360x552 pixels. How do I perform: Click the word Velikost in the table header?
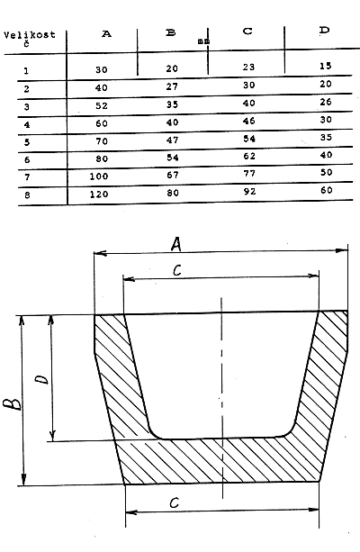click(x=30, y=35)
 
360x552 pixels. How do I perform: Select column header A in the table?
click(x=106, y=34)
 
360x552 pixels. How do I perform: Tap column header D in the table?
click(x=325, y=30)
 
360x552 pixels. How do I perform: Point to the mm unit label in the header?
click(x=203, y=41)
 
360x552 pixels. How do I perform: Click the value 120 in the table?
click(x=99, y=194)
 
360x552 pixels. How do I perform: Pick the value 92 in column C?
click(x=248, y=192)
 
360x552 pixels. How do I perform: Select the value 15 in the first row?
click(x=326, y=66)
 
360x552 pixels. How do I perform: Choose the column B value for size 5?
click(x=172, y=140)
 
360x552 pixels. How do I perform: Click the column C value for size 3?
click(x=248, y=104)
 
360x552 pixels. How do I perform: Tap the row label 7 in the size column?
click(x=27, y=177)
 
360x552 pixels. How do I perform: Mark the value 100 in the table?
click(x=99, y=176)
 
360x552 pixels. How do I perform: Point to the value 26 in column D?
click(x=326, y=102)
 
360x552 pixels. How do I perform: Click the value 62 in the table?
click(x=249, y=156)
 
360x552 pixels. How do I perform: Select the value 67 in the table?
click(x=173, y=175)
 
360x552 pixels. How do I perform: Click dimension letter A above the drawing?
click(x=176, y=244)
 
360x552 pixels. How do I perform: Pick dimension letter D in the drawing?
click(x=42, y=379)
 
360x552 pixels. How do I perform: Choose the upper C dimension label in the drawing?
click(x=177, y=270)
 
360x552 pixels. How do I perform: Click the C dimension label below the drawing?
click(x=175, y=502)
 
